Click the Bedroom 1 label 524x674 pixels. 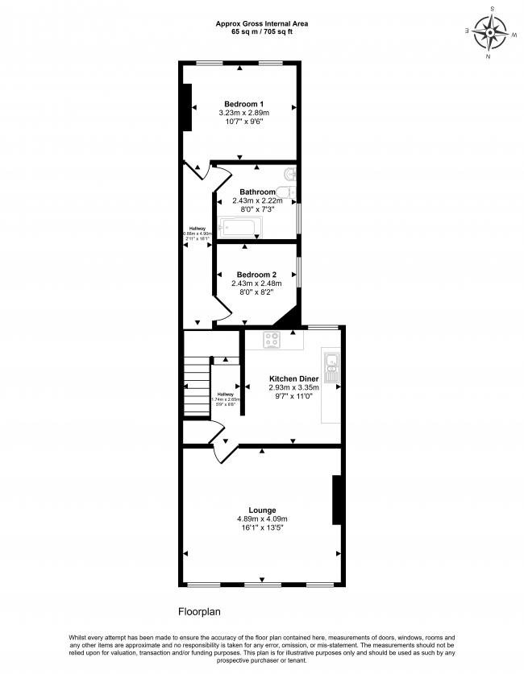point(243,105)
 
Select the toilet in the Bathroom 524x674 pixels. point(291,174)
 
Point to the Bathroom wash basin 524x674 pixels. point(293,192)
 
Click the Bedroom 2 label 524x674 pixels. point(256,275)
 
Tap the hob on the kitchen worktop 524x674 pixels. point(273,341)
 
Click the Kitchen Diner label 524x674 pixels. point(293,378)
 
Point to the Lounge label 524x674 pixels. point(262,510)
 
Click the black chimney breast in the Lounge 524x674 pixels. point(338,499)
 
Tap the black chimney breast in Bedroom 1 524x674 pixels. point(187,106)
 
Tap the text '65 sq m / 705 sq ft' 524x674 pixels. point(261,33)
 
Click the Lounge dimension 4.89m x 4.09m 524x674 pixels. point(262,519)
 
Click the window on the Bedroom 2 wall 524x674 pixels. point(299,271)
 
